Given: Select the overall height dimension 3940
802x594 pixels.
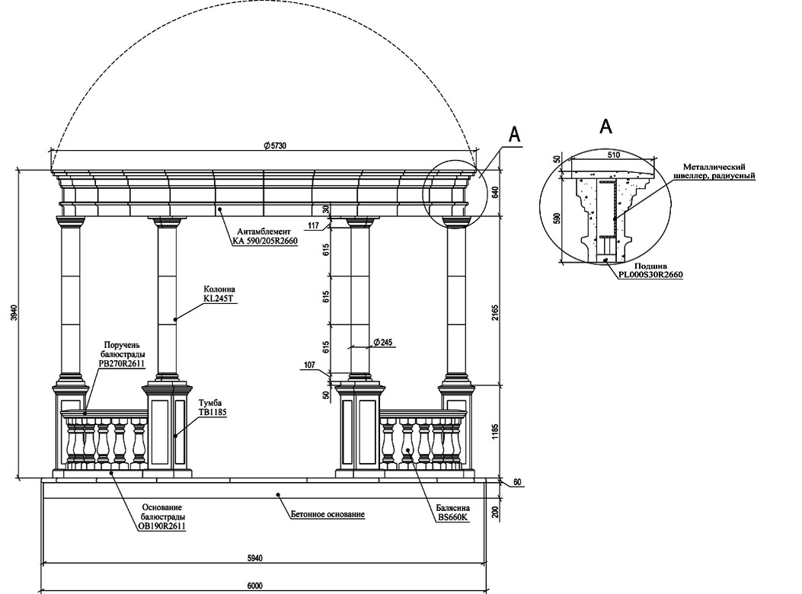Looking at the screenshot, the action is coord(14,312).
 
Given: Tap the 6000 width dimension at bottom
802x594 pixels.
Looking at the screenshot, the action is coord(254,586).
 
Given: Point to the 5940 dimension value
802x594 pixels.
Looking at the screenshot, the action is coord(254,558).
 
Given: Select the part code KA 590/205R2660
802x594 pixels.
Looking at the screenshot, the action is coord(264,241).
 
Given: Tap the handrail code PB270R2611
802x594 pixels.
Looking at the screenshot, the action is coord(122,363).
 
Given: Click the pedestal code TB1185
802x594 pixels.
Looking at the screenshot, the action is coord(212,412).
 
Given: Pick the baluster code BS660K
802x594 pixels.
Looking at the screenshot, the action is coord(452,517).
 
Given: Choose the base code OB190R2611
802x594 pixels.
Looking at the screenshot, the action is coord(161,525).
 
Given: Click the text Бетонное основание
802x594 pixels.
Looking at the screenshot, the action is coord(328,514).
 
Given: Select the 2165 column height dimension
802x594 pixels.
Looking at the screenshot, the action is coord(495,312).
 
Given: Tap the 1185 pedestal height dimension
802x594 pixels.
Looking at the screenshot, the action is coord(495,431).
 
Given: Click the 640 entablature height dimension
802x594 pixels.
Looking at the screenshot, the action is coord(495,193).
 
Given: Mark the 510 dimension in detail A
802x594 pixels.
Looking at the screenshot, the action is coord(613,155).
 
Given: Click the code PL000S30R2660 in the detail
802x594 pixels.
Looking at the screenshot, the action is coord(650,274).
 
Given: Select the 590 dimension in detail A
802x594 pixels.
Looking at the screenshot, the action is coord(558,219).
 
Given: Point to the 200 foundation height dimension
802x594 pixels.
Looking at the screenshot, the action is coord(495,512).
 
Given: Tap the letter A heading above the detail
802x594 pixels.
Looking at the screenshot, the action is coord(605,126).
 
